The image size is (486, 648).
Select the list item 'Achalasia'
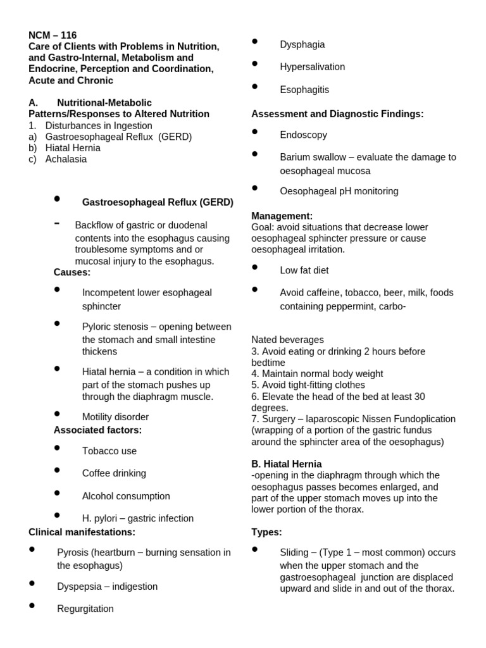[66, 159]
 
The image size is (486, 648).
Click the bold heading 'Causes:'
[72, 272]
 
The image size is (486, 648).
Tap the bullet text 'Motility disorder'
[115, 417]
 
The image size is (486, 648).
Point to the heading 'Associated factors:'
[97, 430]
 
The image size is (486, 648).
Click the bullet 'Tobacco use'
[109, 451]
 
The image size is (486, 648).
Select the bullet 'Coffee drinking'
[114, 473]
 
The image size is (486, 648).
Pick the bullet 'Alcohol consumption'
[126, 496]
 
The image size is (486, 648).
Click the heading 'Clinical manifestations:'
[82, 532]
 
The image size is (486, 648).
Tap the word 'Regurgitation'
[85, 609]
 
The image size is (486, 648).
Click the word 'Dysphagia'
[302, 44]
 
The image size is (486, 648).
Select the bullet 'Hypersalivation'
[313, 67]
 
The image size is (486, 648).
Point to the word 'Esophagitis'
[304, 90]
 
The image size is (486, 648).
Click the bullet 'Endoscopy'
[303, 135]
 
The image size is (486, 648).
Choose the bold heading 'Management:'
[282, 216]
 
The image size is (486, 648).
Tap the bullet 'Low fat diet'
[304, 270]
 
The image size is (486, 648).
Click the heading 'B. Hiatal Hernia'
[287, 464]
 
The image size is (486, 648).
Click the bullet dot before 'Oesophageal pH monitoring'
[255, 188]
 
